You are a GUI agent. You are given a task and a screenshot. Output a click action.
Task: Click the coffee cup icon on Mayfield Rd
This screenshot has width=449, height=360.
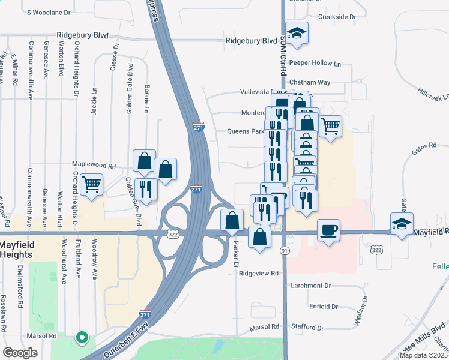(x=328, y=230)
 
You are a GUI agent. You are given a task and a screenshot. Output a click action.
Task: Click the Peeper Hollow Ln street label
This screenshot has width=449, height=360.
(x=315, y=63)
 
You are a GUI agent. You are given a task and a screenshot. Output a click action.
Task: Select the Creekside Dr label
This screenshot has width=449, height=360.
(x=337, y=17)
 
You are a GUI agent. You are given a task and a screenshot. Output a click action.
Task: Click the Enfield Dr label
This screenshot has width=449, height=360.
(x=324, y=307)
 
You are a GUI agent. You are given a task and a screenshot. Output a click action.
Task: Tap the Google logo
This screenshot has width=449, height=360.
(x=20, y=353)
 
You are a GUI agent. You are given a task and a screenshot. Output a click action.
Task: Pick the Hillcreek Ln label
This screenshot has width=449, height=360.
(x=433, y=97)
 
